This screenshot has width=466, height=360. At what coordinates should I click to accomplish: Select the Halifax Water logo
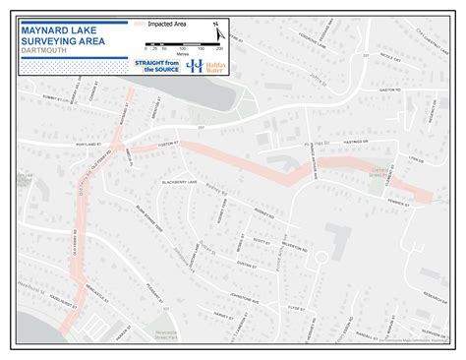coord(201,65)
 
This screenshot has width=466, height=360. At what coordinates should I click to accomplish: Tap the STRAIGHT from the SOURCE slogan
coord(156,65)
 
